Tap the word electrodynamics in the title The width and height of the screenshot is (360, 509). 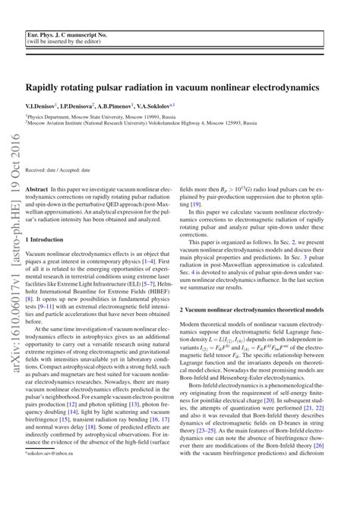point(286,87)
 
